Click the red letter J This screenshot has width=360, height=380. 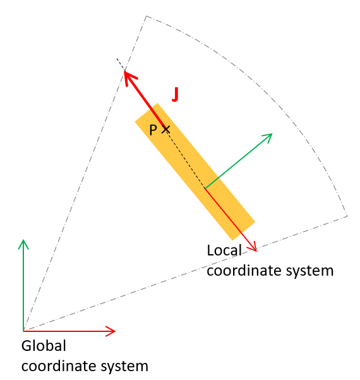click(176, 94)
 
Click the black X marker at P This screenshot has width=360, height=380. click(165, 129)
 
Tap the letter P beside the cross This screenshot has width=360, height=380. click(153, 130)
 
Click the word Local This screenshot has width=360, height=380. click(224, 250)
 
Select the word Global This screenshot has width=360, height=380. click(44, 346)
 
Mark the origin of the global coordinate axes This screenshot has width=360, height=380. click(23, 331)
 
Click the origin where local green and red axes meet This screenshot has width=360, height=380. click(205, 188)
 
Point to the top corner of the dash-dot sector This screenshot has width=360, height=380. click(147, 16)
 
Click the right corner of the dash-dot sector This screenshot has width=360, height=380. click(347, 216)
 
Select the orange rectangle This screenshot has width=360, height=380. click(195, 172)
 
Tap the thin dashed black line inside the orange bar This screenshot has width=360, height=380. click(186, 159)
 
